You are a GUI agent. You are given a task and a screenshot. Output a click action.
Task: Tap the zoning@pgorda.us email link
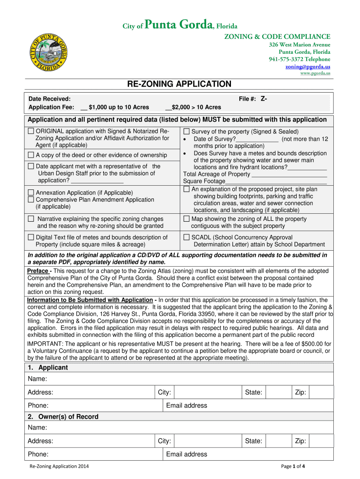click(x=308, y=66)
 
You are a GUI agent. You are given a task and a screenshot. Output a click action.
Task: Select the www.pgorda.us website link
click(x=315, y=73)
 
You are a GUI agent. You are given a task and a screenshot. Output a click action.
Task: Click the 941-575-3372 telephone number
click(x=299, y=59)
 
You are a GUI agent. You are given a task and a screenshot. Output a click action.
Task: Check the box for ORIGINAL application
click(x=31, y=131)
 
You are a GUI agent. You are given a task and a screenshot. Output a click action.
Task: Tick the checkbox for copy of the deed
click(x=31, y=155)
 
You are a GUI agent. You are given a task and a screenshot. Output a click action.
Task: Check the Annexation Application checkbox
click(x=31, y=192)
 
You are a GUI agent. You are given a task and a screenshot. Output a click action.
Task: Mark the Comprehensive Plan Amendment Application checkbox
click(x=31, y=200)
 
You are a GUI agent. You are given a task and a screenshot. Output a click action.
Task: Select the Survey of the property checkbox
click(x=187, y=131)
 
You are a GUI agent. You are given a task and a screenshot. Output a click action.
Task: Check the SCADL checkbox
click(x=187, y=237)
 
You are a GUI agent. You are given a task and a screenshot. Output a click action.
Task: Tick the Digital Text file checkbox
click(x=31, y=237)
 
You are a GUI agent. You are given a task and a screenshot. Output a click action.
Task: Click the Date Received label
click(x=50, y=99)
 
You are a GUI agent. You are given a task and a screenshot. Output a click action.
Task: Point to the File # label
click(x=247, y=99)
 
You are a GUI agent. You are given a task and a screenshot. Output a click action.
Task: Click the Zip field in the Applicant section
click(x=321, y=392)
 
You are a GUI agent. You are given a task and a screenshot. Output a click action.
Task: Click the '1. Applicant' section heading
click(x=48, y=368)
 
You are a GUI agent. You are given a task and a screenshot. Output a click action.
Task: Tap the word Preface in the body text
click(x=38, y=271)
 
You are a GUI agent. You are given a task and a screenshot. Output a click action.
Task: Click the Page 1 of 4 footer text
click(x=293, y=466)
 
